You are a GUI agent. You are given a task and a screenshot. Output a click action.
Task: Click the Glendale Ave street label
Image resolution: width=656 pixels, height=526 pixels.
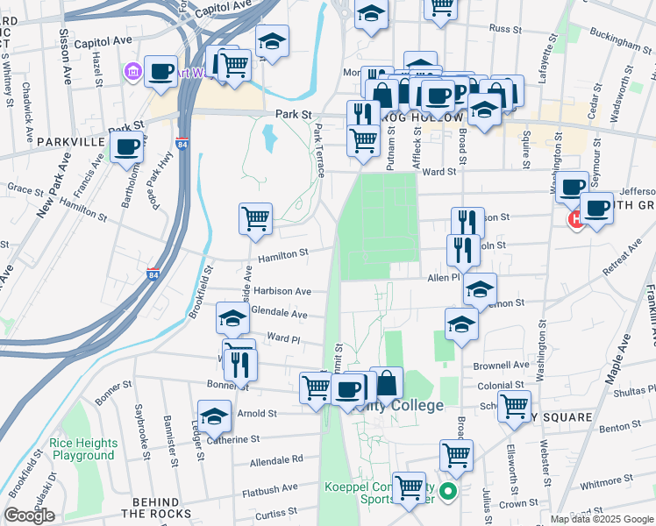(279, 313)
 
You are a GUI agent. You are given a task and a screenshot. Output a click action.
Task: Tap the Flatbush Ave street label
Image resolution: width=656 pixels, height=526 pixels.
(270, 487)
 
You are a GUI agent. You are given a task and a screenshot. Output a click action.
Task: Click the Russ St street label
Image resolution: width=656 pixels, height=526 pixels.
(505, 29)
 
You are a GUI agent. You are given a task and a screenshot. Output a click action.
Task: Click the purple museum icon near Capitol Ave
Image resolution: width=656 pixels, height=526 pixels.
(134, 70)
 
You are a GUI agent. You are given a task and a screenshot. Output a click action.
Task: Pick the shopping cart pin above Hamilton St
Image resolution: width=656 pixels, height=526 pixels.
(255, 217)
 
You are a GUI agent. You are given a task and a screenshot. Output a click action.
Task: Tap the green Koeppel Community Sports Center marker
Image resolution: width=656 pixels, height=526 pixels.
(449, 493)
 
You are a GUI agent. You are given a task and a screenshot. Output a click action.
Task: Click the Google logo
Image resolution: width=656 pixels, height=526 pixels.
(29, 516)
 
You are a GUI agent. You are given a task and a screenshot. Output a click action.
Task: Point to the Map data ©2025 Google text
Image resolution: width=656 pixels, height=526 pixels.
(601, 519)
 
